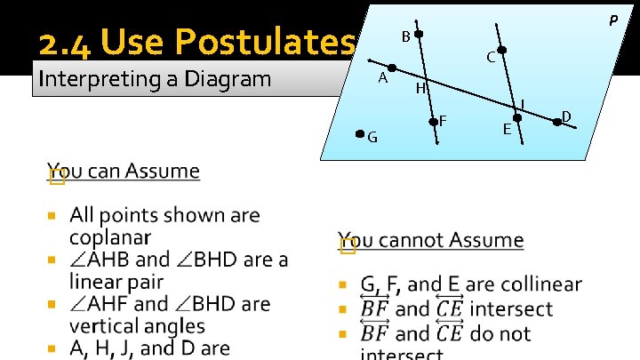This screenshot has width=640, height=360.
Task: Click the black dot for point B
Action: tap(419, 35)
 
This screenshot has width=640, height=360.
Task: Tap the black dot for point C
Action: tap(502, 50)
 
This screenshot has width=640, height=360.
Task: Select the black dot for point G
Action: tap(359, 134)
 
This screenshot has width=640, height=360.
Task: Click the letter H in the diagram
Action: tap(421, 89)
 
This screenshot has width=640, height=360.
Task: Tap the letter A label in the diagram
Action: tap(382, 77)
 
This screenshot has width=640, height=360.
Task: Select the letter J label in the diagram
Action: tap(523, 104)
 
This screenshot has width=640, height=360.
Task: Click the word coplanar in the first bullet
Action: tap(110, 237)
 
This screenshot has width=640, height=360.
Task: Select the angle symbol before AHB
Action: tap(79, 260)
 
